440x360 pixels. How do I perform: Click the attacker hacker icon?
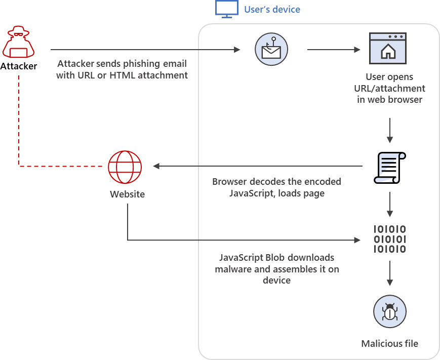[19, 42]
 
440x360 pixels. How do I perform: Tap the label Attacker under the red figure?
[19, 66]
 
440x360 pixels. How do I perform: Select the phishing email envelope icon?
[271, 50]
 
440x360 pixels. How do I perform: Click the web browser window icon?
[388, 48]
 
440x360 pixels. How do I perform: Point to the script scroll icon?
[390, 168]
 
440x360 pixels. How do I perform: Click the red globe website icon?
[125, 167]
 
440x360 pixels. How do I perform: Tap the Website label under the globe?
[128, 194]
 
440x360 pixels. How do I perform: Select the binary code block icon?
[390, 239]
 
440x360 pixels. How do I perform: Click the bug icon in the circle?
[390, 311]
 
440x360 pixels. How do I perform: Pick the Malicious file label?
[390, 343]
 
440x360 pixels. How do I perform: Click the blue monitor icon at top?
[227, 9]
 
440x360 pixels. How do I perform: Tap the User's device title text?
[272, 9]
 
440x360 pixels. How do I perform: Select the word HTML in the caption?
[123, 75]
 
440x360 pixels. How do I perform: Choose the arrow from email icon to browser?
[334, 50]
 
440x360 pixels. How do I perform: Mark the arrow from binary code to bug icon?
[390, 273]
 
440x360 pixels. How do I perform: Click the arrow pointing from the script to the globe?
[258, 166]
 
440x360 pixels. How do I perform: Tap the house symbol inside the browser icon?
[388, 52]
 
